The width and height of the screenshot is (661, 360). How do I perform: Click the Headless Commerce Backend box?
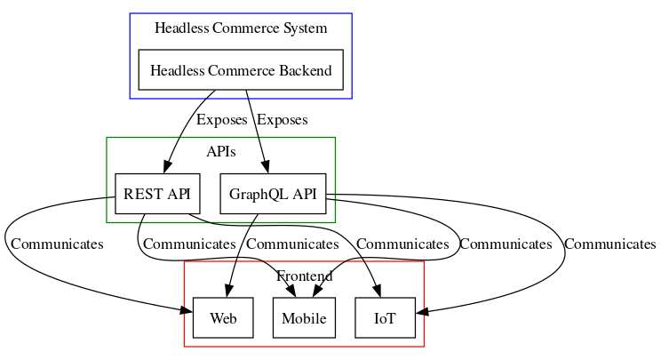241,70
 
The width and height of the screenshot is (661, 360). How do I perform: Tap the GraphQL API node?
272,193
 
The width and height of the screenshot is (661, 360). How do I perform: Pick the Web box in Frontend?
223,318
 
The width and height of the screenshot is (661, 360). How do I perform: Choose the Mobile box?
304,318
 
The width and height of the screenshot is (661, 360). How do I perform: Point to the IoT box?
385,318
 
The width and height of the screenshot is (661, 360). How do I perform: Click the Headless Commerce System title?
241,28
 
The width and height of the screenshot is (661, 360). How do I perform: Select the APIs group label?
220,152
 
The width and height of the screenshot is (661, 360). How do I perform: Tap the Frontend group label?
304,276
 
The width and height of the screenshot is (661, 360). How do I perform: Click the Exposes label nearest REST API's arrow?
222,120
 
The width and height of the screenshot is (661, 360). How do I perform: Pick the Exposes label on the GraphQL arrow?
282,120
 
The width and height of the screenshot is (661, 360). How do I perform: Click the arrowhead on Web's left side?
187,311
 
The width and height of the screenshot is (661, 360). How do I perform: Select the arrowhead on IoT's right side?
421,311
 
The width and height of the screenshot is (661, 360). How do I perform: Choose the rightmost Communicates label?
609,244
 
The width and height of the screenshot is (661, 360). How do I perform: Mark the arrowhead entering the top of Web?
228,292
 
